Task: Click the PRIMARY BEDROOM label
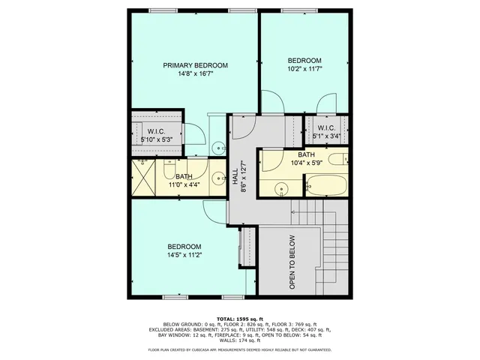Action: click(195, 65)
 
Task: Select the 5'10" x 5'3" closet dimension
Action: click(156, 139)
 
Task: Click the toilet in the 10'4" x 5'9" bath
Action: click(339, 158)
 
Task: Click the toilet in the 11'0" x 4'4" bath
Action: click(217, 147)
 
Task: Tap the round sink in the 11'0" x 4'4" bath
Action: click(217, 178)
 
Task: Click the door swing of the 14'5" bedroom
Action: click(215, 210)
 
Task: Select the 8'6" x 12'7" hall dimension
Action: click(243, 178)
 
